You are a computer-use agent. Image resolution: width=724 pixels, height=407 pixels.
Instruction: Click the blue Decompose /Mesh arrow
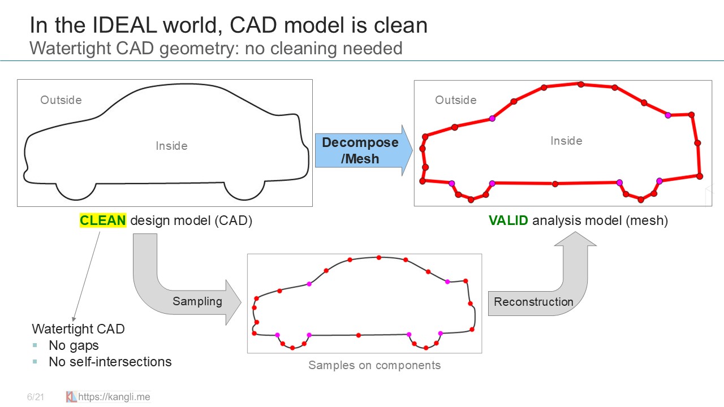[x=362, y=150]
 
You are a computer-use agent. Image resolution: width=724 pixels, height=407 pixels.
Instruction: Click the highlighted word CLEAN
[x=103, y=220]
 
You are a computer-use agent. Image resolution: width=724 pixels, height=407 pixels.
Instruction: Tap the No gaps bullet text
[x=74, y=345]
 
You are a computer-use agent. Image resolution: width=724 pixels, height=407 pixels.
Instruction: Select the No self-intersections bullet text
[x=110, y=362]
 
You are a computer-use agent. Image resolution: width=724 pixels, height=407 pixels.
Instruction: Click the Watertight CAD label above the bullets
[x=78, y=329]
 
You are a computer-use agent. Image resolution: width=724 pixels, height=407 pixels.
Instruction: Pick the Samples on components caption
[x=374, y=365]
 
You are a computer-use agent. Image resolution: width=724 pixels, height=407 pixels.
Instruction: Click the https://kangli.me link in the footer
[x=114, y=397]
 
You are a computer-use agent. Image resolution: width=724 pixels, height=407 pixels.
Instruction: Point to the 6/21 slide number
[x=35, y=397]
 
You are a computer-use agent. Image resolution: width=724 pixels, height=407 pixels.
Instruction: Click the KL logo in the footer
[x=71, y=397]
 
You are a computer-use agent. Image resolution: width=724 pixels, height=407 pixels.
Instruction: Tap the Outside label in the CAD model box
[x=61, y=100]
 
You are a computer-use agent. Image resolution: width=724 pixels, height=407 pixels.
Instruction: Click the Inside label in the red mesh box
[x=566, y=141]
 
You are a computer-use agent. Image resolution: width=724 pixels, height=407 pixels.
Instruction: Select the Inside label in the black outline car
[x=171, y=146]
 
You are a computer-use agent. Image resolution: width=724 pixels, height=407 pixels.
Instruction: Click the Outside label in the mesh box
[x=455, y=100]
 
